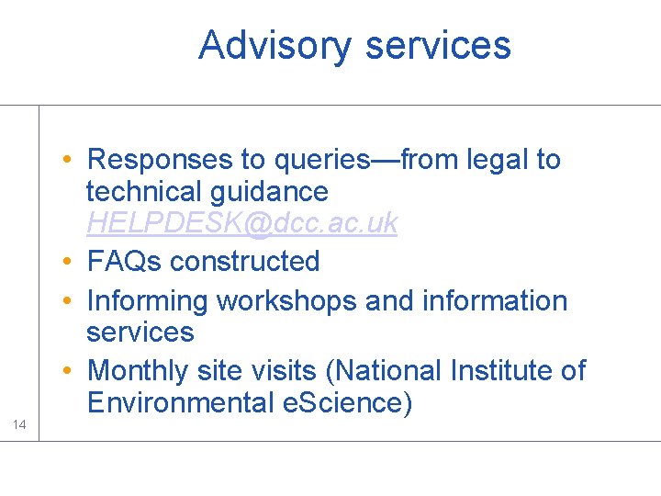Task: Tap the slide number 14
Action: [x=19, y=423]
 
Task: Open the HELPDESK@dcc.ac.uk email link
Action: [x=241, y=224]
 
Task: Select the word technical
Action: [x=145, y=192]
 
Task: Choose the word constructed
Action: [x=245, y=262]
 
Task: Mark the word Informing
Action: [x=148, y=301]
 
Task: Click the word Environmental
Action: [x=176, y=403]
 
